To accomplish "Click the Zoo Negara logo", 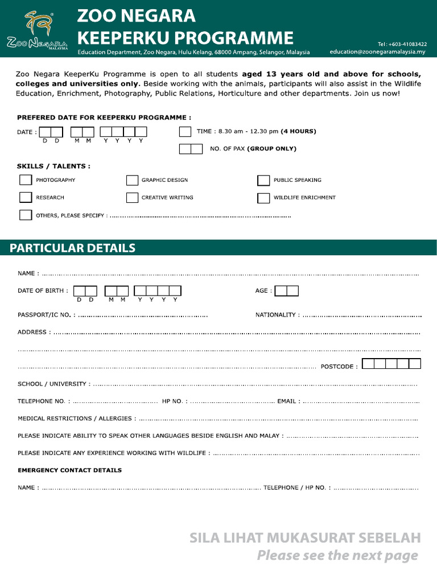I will [x=37, y=30].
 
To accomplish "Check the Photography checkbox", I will [x=26, y=180].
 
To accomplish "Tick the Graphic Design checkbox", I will [x=132, y=180].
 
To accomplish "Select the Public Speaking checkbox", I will [x=263, y=180].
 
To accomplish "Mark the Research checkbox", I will [x=26, y=197].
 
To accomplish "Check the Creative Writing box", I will [x=132, y=197].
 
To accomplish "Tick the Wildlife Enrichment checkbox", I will [x=263, y=198].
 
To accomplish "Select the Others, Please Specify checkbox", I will [x=26, y=215].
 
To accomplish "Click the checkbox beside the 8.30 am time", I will [x=185, y=132].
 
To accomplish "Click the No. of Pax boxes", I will [x=191, y=149].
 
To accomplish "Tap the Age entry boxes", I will [x=286, y=291].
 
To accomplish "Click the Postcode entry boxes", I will [x=391, y=364].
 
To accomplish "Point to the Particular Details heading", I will [x=72, y=248].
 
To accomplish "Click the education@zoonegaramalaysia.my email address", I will [x=377, y=52].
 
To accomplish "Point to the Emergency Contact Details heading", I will [x=69, y=471].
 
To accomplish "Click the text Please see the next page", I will [x=337, y=555].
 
